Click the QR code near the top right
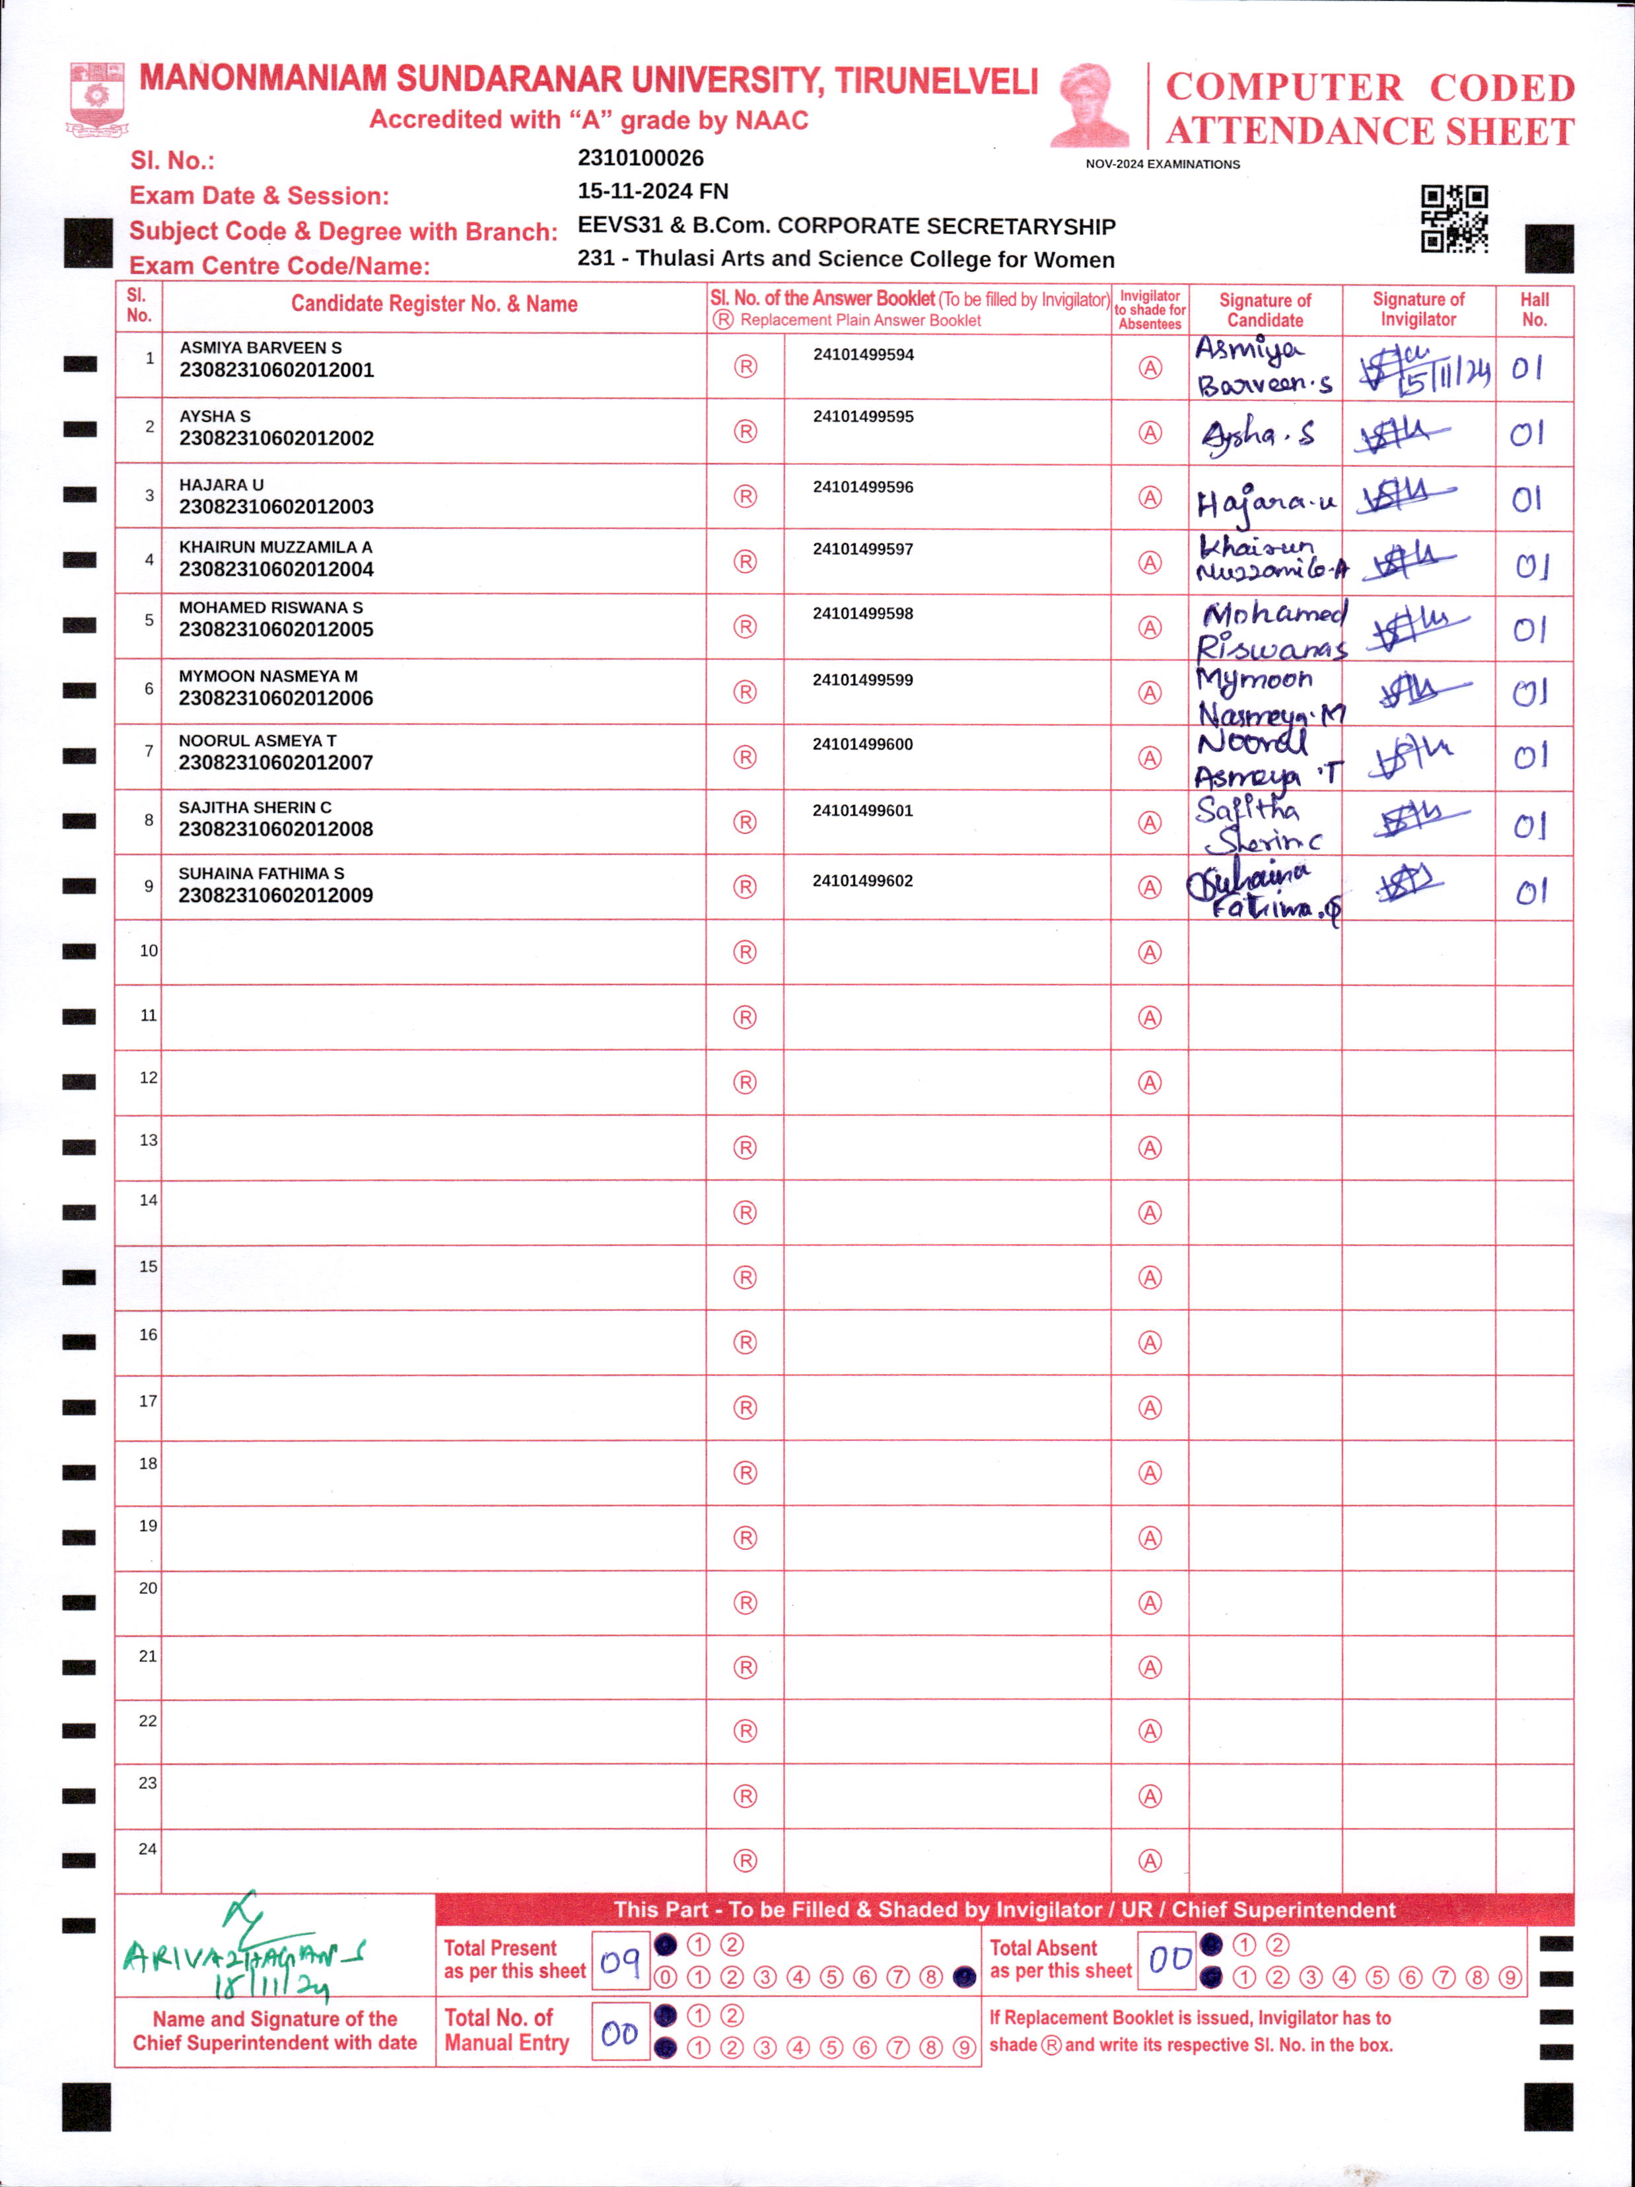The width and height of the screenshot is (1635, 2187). click(1454, 219)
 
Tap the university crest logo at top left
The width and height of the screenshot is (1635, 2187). click(96, 99)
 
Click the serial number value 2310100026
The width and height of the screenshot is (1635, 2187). click(641, 158)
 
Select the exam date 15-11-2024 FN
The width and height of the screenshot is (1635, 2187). click(652, 191)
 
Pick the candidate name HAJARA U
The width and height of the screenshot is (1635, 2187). click(221, 485)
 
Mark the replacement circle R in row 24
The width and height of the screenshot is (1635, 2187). click(746, 1861)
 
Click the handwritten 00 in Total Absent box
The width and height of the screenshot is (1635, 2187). click(1169, 1959)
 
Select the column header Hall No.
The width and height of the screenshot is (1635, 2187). click(1534, 310)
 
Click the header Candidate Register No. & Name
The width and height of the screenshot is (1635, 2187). click(434, 304)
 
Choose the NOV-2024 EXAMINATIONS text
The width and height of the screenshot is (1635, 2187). click(1162, 164)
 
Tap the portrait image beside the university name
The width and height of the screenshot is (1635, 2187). click(1090, 105)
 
